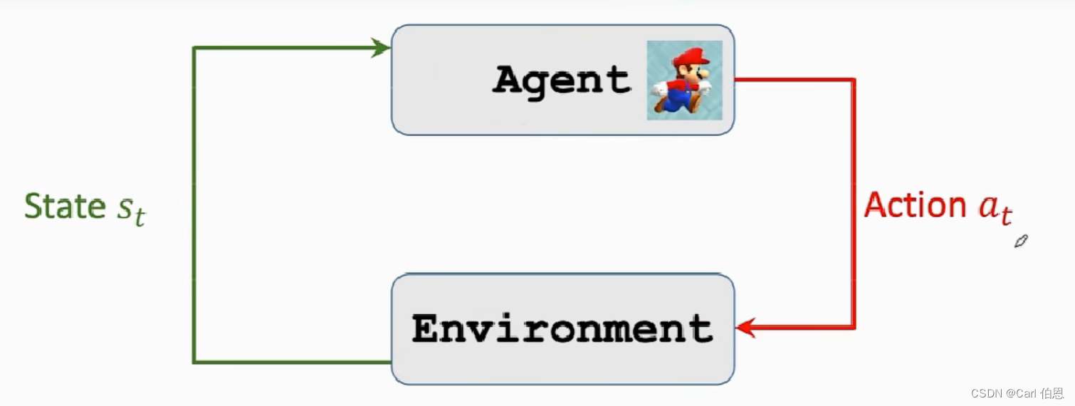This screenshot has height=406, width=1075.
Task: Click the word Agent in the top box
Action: pyautogui.click(x=561, y=80)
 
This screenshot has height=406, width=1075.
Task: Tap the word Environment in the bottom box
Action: pyautogui.click(x=562, y=329)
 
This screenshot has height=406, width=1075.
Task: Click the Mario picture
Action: pyautogui.click(x=684, y=80)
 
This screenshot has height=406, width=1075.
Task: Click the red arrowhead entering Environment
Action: pyautogui.click(x=745, y=328)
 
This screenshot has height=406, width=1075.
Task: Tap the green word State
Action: pyautogui.click(x=65, y=207)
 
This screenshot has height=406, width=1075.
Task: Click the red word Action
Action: pyautogui.click(x=914, y=205)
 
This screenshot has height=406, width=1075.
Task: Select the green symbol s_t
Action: pyautogui.click(x=130, y=210)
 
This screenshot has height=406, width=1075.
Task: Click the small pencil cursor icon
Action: pyautogui.click(x=1021, y=241)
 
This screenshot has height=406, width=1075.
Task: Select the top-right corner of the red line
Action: pyautogui.click(x=854, y=79)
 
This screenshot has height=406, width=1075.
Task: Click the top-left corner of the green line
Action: pyautogui.click(x=194, y=48)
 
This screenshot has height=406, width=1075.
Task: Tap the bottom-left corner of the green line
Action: pyautogui.click(x=194, y=362)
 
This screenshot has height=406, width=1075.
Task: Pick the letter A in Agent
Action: pyautogui.click(x=508, y=80)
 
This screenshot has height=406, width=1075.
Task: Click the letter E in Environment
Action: pyautogui.click(x=426, y=329)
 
